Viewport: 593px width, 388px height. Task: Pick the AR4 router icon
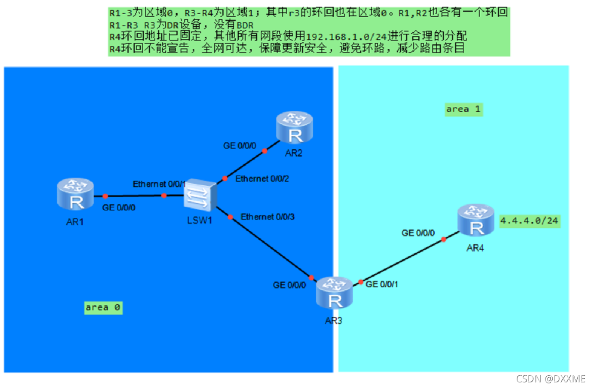click(476, 220)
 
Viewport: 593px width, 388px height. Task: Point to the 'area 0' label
click(104, 307)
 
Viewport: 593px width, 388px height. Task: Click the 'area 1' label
click(463, 109)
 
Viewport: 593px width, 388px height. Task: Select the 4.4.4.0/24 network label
click(530, 221)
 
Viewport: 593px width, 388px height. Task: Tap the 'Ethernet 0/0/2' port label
click(262, 179)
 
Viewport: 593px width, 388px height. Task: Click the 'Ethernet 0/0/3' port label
click(267, 217)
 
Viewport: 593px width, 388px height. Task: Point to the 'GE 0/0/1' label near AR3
click(382, 284)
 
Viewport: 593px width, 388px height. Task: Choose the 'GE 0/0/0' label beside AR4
click(418, 233)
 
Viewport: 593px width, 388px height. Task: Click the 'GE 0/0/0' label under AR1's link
click(118, 208)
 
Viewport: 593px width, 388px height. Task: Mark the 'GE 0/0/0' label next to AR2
click(240, 145)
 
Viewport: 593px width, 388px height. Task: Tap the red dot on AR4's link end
click(443, 239)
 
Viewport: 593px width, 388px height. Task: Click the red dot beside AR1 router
click(105, 196)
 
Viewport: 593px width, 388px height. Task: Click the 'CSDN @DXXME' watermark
click(551, 379)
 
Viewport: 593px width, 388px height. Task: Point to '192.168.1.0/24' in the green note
click(345, 37)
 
